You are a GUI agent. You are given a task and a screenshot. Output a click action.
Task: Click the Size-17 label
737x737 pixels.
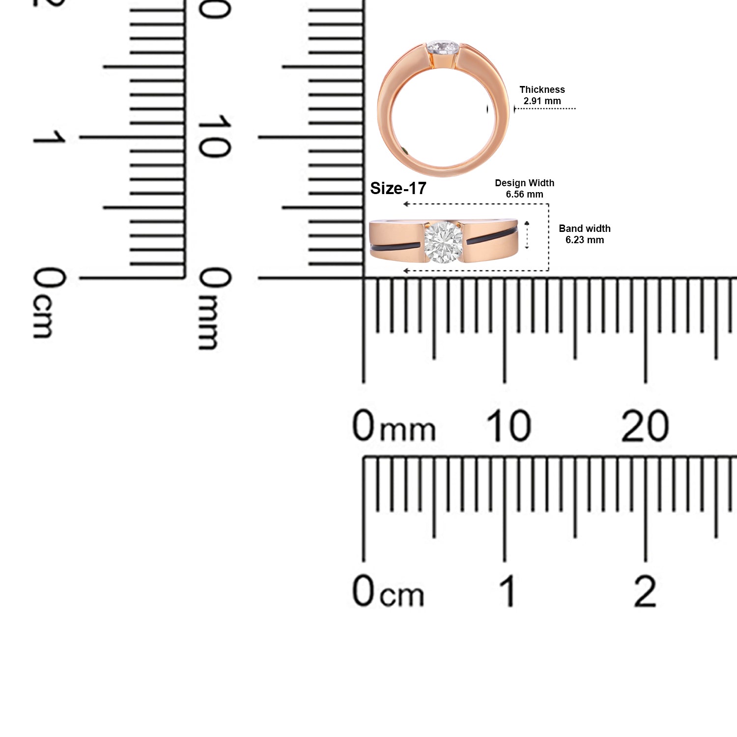click(398, 188)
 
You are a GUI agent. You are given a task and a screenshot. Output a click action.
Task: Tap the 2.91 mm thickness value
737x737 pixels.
click(542, 101)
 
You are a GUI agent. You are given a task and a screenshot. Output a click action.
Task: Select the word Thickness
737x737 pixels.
click(542, 89)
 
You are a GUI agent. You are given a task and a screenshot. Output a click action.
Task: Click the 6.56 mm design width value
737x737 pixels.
click(524, 194)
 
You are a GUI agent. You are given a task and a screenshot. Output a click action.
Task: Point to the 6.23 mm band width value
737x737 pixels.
click(585, 240)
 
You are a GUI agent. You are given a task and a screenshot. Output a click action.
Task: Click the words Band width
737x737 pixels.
click(585, 228)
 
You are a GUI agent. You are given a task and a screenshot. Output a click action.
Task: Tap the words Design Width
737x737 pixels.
click(524, 183)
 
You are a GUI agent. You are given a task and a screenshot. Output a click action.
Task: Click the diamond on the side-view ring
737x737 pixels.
click(443, 242)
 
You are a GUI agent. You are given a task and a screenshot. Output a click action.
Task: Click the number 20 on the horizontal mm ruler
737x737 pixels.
click(645, 426)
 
